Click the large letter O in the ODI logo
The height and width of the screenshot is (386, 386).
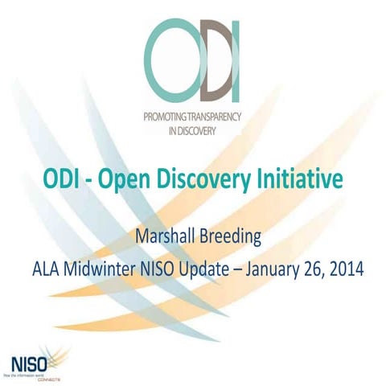pyautogui.click(x=172, y=58)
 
